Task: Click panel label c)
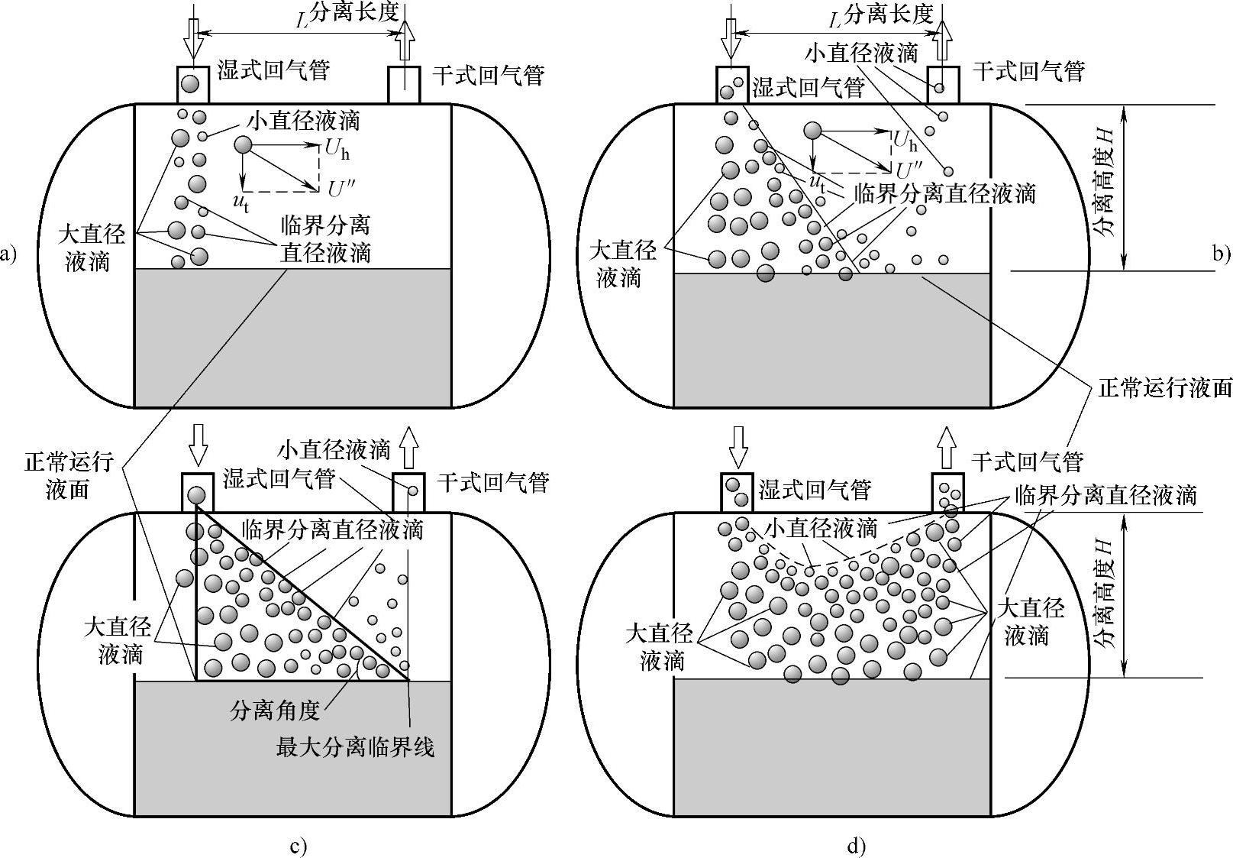pyautogui.click(x=299, y=846)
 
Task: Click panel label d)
pyautogui.click(x=856, y=846)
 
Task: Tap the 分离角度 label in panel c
pyautogui.click(x=274, y=711)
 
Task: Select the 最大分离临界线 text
pyautogui.click(x=356, y=746)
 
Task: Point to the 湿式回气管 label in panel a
pyautogui.click(x=274, y=71)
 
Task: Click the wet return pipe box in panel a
pyautogui.click(x=193, y=84)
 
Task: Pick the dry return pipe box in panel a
pyautogui.click(x=404, y=84)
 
